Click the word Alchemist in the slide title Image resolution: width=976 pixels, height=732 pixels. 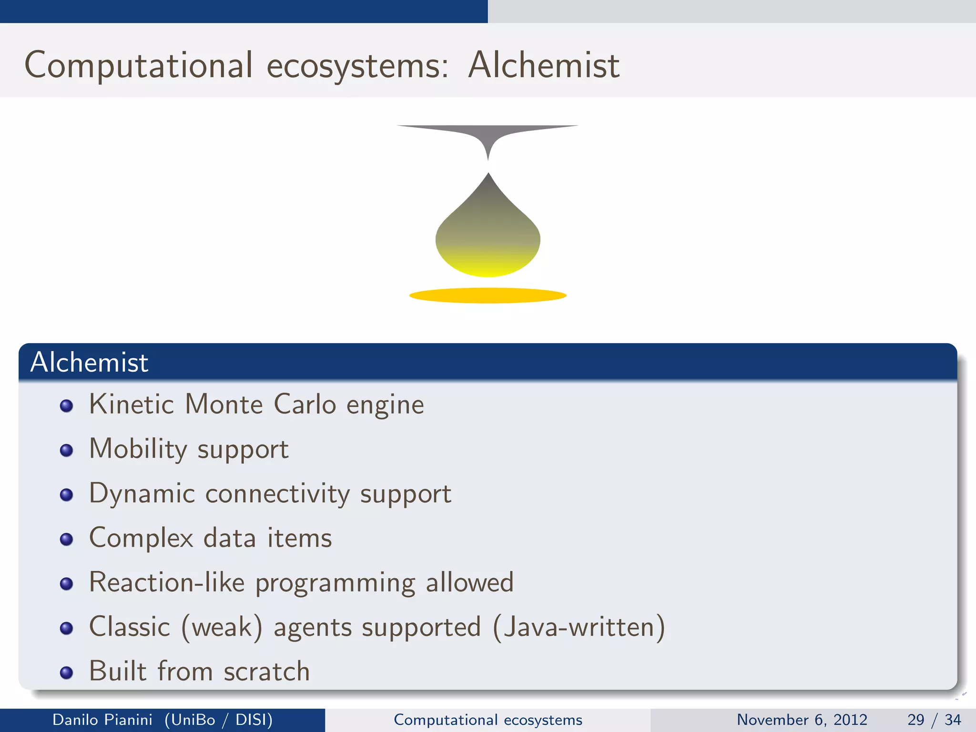(x=543, y=65)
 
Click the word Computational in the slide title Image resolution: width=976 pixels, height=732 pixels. (x=138, y=65)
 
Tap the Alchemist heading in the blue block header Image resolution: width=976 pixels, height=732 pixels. (x=89, y=362)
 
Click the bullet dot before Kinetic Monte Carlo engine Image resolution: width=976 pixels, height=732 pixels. (x=66, y=406)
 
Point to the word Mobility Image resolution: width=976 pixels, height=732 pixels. (x=138, y=449)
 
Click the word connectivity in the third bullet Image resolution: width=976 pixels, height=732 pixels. (x=277, y=493)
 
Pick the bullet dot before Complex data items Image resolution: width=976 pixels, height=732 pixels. (x=66, y=539)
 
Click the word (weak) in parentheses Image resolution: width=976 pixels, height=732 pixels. (x=222, y=627)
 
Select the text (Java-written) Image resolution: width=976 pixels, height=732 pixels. (x=579, y=627)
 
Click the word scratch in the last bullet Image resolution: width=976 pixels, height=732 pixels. (x=267, y=671)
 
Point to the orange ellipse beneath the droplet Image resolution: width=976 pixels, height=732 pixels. (x=488, y=295)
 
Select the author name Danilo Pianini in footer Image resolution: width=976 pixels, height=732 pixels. (x=102, y=720)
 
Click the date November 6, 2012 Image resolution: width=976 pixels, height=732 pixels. (x=802, y=720)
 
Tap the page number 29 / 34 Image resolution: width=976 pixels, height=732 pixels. (x=934, y=720)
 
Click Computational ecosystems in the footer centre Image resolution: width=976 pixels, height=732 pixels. (x=488, y=720)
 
